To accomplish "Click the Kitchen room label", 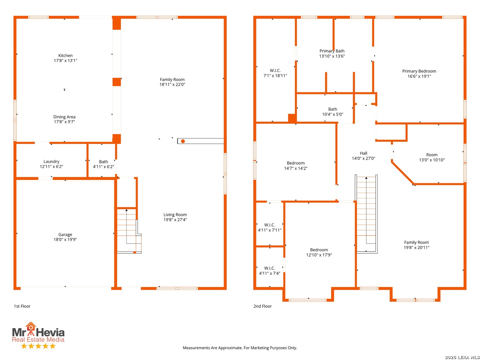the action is click(65, 55).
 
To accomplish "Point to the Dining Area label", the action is click(64, 116).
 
